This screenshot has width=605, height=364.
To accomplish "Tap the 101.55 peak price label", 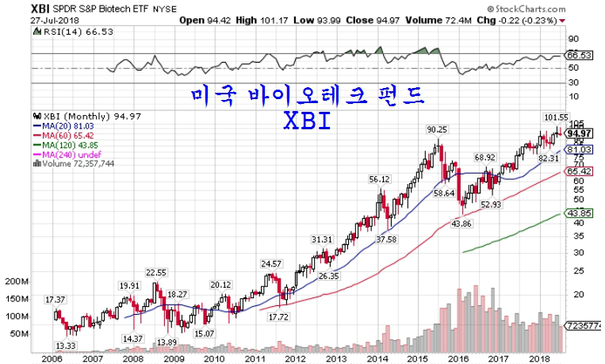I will (556, 117).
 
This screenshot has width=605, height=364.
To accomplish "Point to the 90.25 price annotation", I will (437, 130).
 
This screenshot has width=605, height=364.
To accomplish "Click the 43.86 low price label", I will (461, 224).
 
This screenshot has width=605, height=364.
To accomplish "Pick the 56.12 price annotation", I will (380, 180).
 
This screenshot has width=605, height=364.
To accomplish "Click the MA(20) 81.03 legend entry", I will (63, 125).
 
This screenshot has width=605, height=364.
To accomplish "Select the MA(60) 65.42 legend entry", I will (63, 136).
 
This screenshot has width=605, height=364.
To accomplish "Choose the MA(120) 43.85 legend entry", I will (66, 145).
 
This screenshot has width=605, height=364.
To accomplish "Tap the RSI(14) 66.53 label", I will (59, 32).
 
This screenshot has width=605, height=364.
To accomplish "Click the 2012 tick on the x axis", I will (295, 358).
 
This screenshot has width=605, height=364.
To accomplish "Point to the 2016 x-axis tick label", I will (458, 358).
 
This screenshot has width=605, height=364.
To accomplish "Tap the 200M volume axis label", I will (16, 282).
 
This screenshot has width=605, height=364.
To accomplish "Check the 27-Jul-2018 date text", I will (26, 21).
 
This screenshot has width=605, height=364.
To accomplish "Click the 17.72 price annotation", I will (278, 317).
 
